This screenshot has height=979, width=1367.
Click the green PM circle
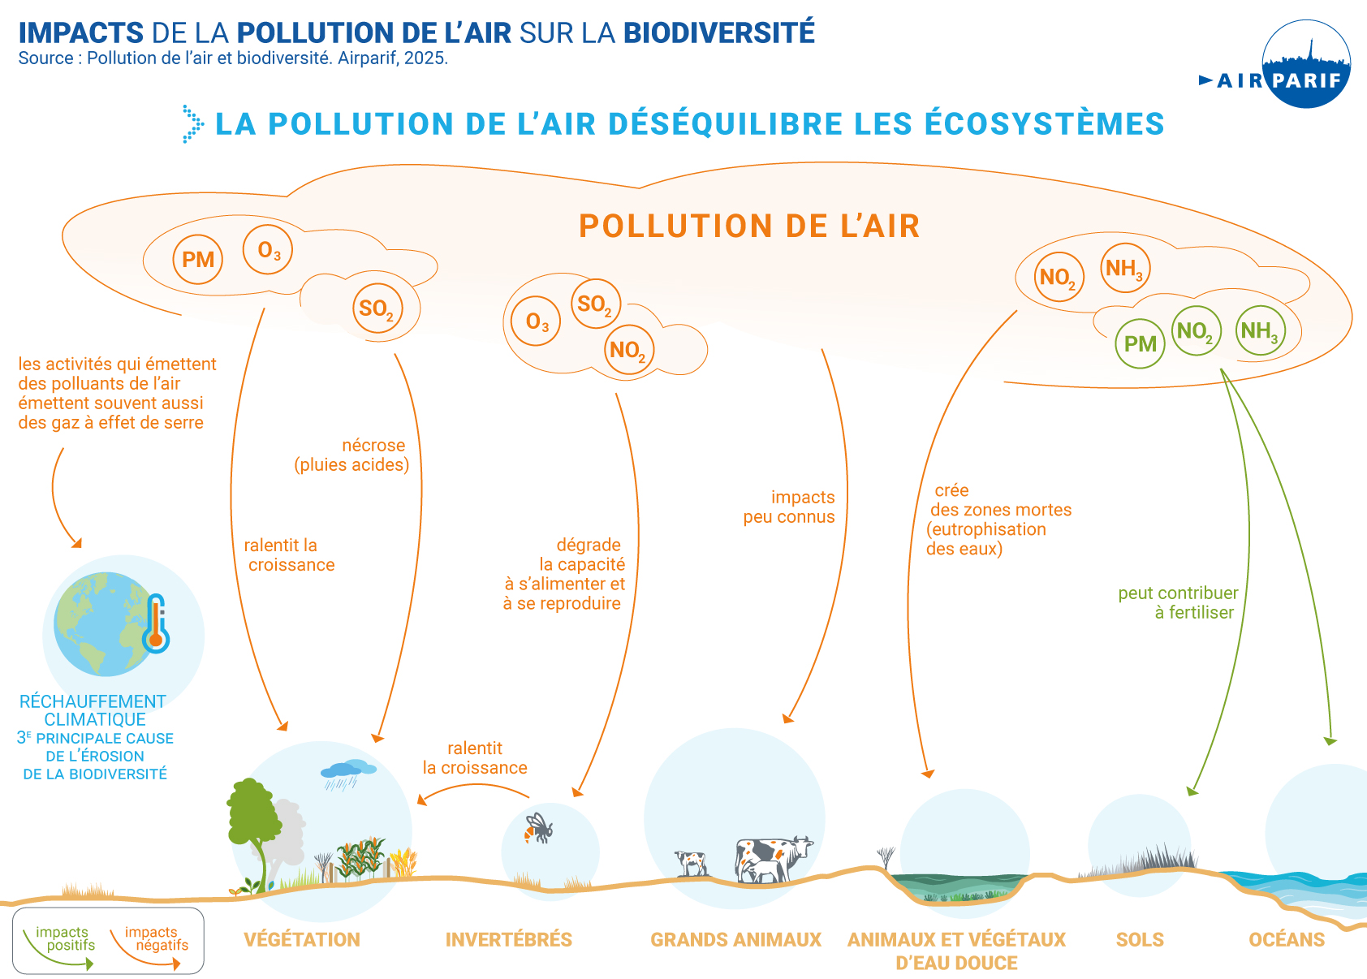[1140, 344]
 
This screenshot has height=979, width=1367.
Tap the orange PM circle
[198, 260]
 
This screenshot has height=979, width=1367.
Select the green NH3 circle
[1260, 331]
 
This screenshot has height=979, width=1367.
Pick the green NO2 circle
[1196, 331]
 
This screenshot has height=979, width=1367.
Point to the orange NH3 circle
[1125, 268]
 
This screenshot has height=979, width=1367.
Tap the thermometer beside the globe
[155, 624]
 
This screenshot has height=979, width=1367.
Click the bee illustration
[537, 829]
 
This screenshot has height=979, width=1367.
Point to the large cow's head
[801, 847]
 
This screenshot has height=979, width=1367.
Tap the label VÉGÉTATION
[302, 940]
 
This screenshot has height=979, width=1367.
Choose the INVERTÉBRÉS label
[509, 940]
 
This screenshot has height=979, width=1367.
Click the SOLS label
[1140, 940]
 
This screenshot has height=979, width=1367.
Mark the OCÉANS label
[1287, 940]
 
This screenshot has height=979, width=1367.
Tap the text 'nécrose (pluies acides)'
[352, 455]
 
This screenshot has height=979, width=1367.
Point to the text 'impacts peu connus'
[789, 507]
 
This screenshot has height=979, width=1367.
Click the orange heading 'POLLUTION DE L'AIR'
[749, 226]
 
